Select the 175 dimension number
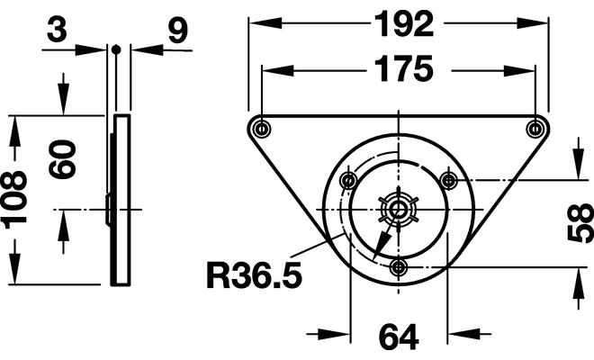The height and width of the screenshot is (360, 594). pyautogui.click(x=398, y=70)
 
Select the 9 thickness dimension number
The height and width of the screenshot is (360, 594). pyautogui.click(x=176, y=31)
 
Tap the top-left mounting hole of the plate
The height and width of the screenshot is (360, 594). pyautogui.click(x=261, y=127)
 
